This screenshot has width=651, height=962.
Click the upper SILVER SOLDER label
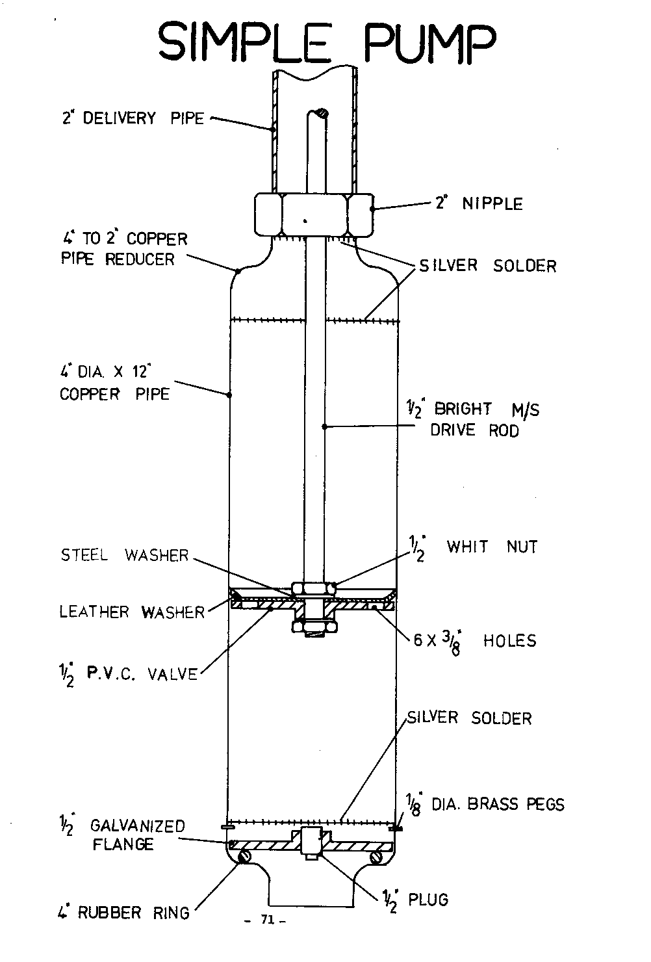coord(488,266)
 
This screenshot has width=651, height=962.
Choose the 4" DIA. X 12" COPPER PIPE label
coord(114,383)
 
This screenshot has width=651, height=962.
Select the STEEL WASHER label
coord(124,555)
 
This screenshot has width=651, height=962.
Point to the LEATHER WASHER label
coord(132,612)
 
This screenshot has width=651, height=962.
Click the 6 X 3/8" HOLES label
coord(475,642)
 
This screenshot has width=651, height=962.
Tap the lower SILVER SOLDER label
coord(469,718)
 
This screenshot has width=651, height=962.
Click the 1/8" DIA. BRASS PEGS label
coord(485,805)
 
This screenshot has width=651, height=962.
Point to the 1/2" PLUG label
coord(416,900)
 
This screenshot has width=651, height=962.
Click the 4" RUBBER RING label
coord(123,913)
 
